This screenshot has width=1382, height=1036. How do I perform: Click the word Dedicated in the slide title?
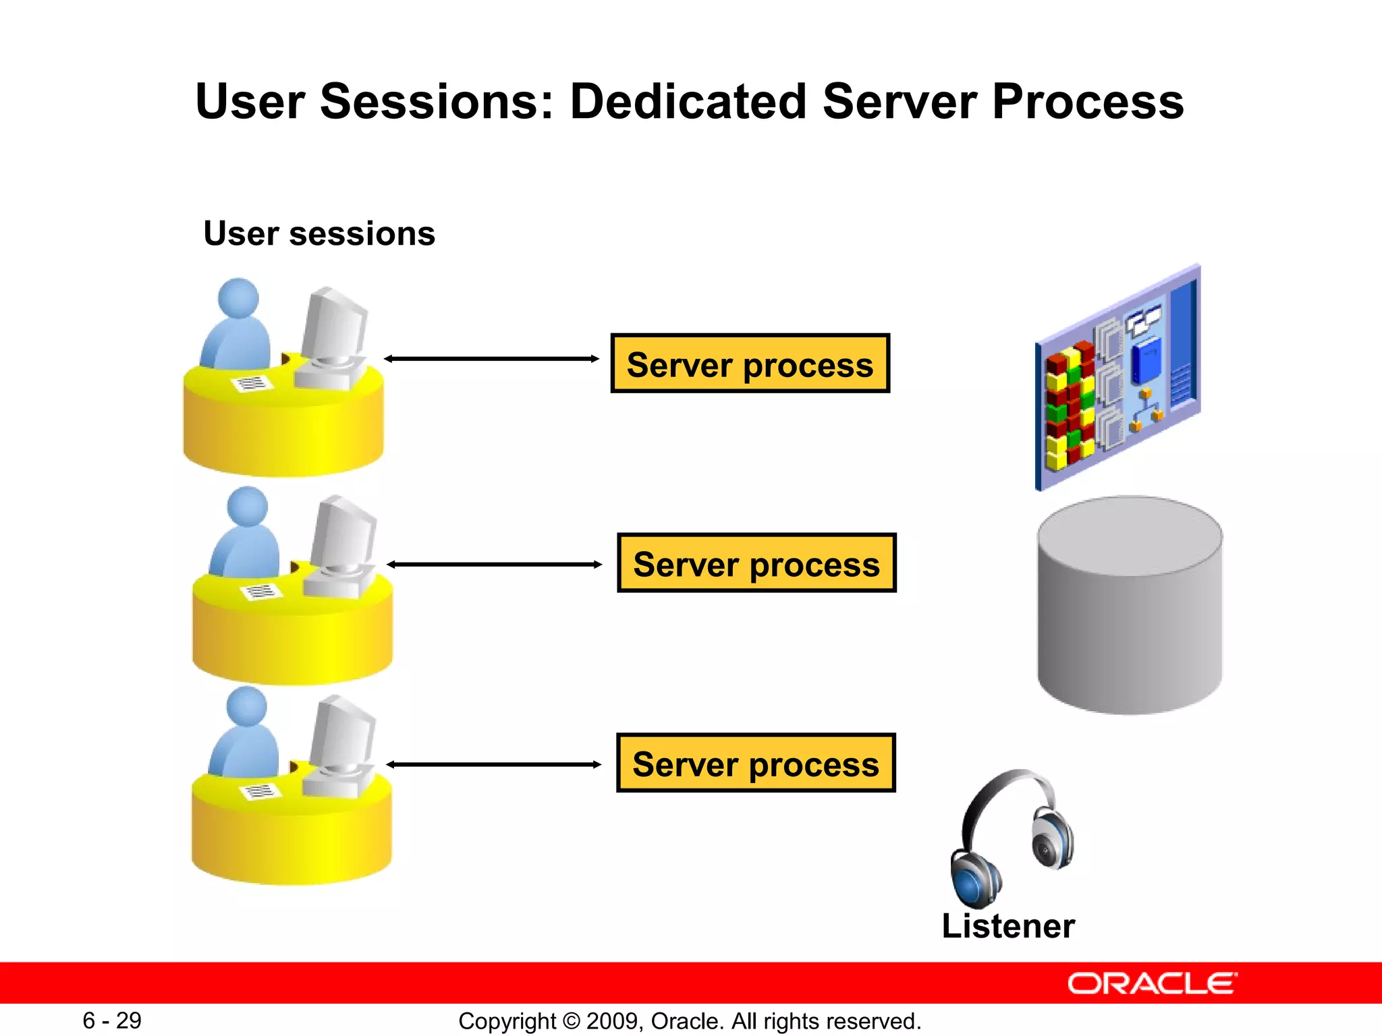click(688, 101)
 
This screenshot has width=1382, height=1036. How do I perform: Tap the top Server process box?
click(750, 364)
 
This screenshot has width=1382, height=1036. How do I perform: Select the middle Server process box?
click(756, 563)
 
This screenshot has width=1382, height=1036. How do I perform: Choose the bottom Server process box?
click(756, 763)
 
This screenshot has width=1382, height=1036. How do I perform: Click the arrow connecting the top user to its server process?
click(491, 359)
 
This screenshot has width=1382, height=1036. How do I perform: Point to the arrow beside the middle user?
click(494, 564)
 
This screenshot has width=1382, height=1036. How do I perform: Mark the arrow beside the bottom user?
click(493, 764)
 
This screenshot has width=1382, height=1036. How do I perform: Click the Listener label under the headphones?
click(1007, 925)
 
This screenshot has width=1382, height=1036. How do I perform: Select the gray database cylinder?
click(1130, 607)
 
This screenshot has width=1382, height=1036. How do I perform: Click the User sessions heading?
click(319, 233)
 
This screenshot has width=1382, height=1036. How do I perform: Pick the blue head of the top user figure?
click(238, 297)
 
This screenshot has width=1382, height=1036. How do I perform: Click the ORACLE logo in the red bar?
click(1152, 983)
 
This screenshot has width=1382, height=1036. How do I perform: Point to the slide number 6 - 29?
click(112, 1020)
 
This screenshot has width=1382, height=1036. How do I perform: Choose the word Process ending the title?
click(1088, 101)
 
